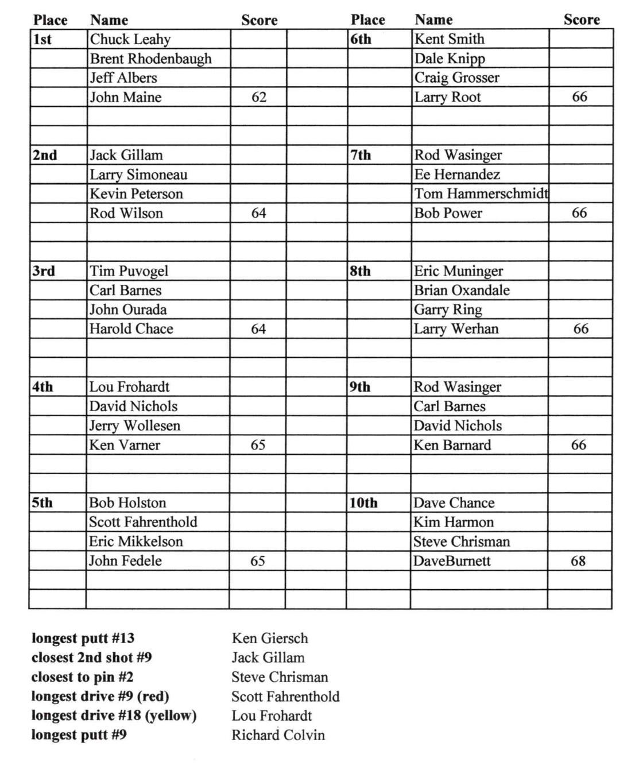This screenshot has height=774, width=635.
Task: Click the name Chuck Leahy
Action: [130, 39]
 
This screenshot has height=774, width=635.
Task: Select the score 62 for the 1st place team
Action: [259, 97]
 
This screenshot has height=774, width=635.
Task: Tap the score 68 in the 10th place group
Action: [578, 561]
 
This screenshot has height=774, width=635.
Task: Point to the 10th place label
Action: [363, 503]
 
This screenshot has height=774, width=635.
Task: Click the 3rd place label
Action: [44, 271]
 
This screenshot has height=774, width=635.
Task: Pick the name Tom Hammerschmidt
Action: [481, 193]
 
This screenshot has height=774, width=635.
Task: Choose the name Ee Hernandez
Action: [457, 174]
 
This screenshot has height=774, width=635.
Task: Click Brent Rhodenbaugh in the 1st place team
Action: [150, 59]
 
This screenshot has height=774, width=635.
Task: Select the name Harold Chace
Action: [131, 329]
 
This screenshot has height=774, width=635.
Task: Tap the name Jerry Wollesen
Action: [134, 425]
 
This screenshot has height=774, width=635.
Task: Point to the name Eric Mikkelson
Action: [135, 541]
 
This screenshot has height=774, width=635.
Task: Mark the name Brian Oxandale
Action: [462, 290]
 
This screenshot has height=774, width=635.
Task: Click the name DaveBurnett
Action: [452, 561]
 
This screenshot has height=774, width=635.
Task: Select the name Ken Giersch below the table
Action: [270, 638]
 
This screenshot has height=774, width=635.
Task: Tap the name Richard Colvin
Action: [278, 735]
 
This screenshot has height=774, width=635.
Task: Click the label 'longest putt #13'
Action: [83, 638]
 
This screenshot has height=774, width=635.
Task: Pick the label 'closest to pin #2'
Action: [82, 677]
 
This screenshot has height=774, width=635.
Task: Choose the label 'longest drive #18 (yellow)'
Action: [114, 715]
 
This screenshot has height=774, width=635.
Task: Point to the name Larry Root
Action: [447, 97]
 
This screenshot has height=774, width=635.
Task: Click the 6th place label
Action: [361, 39]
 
